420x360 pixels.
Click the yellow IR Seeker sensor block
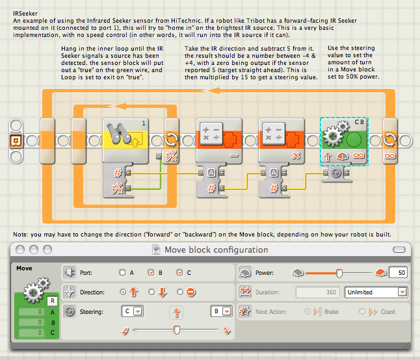[x=125, y=140]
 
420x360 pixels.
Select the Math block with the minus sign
[x=219, y=140]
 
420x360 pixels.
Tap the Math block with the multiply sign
[x=282, y=140]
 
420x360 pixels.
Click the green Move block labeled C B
[x=344, y=141]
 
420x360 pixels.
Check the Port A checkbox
[x=122, y=272]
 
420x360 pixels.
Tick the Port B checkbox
[x=151, y=272]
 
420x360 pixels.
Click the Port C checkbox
[x=179, y=272]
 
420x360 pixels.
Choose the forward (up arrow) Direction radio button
[x=123, y=292]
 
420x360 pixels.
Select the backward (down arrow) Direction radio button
[x=151, y=292]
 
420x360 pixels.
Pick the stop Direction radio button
[x=180, y=292]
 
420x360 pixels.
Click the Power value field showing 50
[x=399, y=273]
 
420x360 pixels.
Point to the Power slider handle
[x=339, y=274]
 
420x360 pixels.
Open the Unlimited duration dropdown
[x=376, y=292]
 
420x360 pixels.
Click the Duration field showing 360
[x=318, y=292]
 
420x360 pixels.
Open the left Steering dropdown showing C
[x=133, y=311]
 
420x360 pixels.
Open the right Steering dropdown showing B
[x=222, y=311]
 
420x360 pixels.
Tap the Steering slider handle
[x=177, y=329]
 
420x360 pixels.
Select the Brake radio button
[x=308, y=311]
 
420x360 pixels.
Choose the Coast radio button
[x=362, y=311]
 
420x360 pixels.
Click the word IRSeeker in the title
[x=25, y=14]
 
